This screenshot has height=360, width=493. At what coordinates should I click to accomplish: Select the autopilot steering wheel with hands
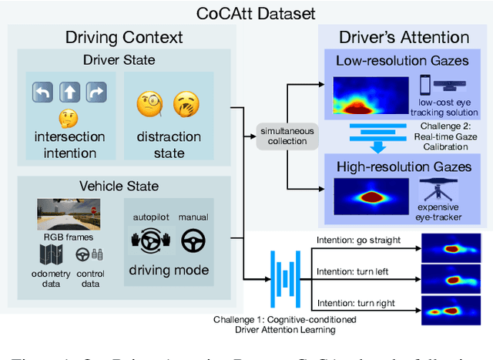(x=149, y=241)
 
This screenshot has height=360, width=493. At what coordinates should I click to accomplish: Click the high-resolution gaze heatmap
(x=369, y=191)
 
